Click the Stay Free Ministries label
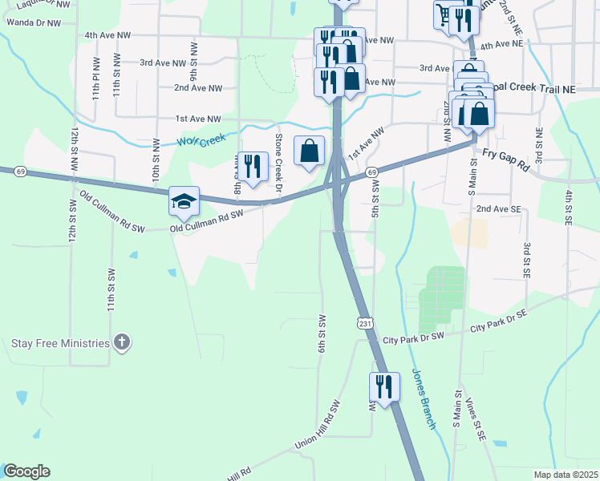point(60,343)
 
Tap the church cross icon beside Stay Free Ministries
point(121,343)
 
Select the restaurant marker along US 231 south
point(384,387)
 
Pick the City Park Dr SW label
point(413,338)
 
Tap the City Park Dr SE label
point(498,322)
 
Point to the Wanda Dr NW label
point(33,23)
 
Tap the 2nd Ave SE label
point(498,208)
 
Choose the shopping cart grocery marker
point(444,14)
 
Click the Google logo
point(26,471)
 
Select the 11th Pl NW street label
point(96,78)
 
